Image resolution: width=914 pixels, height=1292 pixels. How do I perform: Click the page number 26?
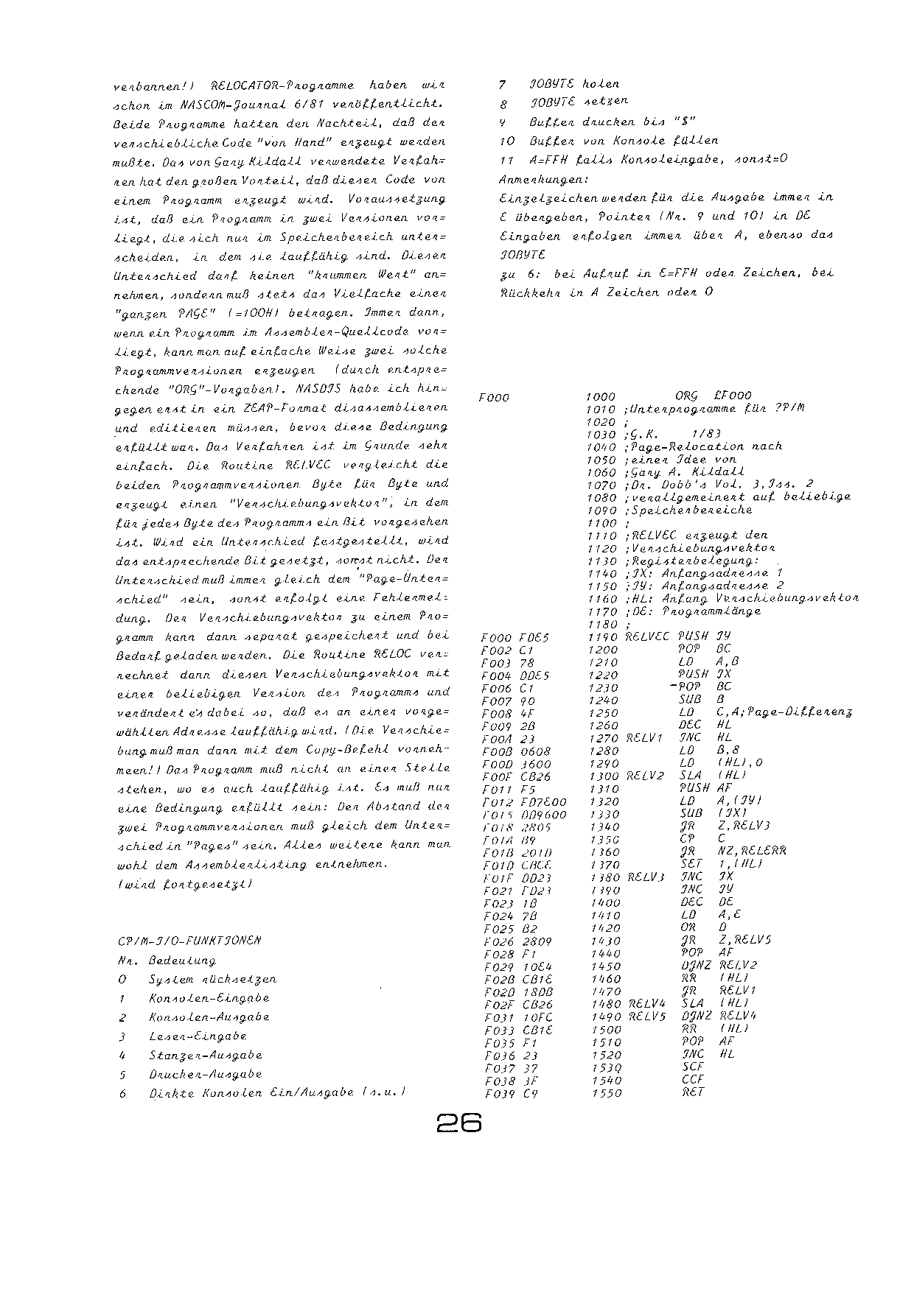[458, 1123]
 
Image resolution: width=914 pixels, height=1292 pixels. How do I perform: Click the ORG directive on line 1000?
[686, 396]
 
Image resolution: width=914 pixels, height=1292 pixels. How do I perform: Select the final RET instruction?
[694, 1092]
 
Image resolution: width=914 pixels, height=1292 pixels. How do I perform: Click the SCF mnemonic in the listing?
[694, 1067]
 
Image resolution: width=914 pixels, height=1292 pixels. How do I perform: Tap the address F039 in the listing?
[498, 1094]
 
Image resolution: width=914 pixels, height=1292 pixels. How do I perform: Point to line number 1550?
[606, 1094]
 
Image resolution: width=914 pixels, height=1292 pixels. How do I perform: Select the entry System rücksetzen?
[212, 980]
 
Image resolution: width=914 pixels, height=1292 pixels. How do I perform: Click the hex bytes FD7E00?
[523, 802]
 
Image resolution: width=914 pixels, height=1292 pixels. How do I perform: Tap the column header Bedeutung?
[182, 961]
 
